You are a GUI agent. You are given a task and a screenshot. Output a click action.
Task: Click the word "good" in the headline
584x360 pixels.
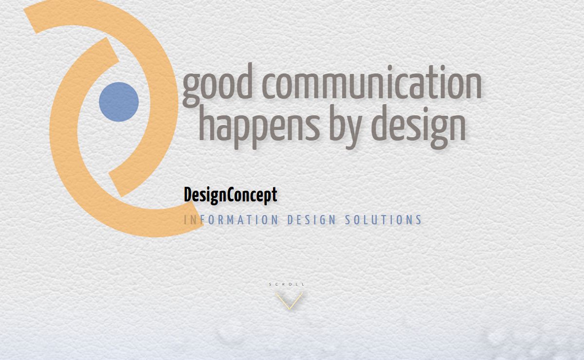[218, 85]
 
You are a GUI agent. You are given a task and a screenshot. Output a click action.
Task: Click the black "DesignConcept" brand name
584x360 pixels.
[231, 195]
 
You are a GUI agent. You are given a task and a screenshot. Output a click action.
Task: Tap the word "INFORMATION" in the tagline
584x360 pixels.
[231, 220]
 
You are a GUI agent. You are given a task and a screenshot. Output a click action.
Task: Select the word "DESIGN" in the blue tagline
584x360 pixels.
[311, 220]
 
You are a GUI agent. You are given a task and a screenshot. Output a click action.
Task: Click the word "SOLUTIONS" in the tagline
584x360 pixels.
[383, 220]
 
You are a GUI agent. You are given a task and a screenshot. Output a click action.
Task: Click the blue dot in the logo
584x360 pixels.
[119, 102]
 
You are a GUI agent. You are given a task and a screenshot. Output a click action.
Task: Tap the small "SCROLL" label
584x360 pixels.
[287, 284]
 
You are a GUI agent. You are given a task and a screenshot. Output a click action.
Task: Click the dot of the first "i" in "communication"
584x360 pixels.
[390, 68]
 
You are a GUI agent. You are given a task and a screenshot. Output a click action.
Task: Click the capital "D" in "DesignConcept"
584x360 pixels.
[188, 195]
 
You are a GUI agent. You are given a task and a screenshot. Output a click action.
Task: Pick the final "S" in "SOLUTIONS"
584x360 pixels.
[419, 220]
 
